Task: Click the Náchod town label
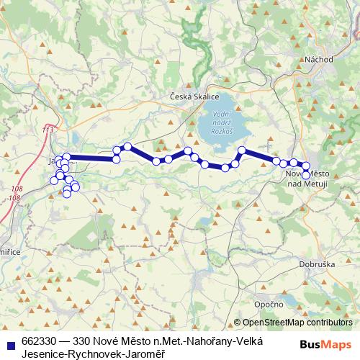(x=318, y=59)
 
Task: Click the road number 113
(x=48, y=129)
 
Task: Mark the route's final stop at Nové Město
(x=306, y=175)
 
